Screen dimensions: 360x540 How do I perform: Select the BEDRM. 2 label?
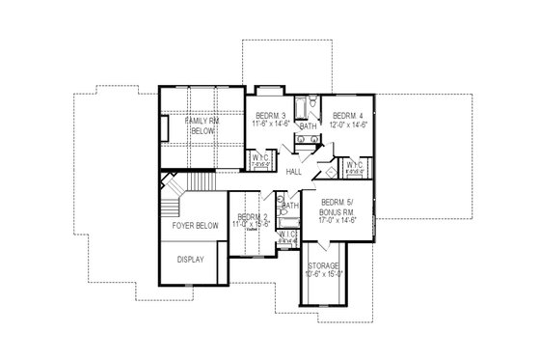[251, 216]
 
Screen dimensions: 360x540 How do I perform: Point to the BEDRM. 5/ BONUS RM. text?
[337, 206]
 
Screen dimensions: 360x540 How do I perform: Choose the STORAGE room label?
[323, 264]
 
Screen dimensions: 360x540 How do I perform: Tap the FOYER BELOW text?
[196, 226]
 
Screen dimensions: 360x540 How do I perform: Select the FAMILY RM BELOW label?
[204, 124]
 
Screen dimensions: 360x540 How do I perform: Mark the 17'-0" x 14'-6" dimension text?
[337, 220]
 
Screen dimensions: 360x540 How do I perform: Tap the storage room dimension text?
[323, 273]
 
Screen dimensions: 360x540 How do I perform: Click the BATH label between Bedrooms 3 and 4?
[308, 127]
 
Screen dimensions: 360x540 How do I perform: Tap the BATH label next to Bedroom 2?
[289, 205]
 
